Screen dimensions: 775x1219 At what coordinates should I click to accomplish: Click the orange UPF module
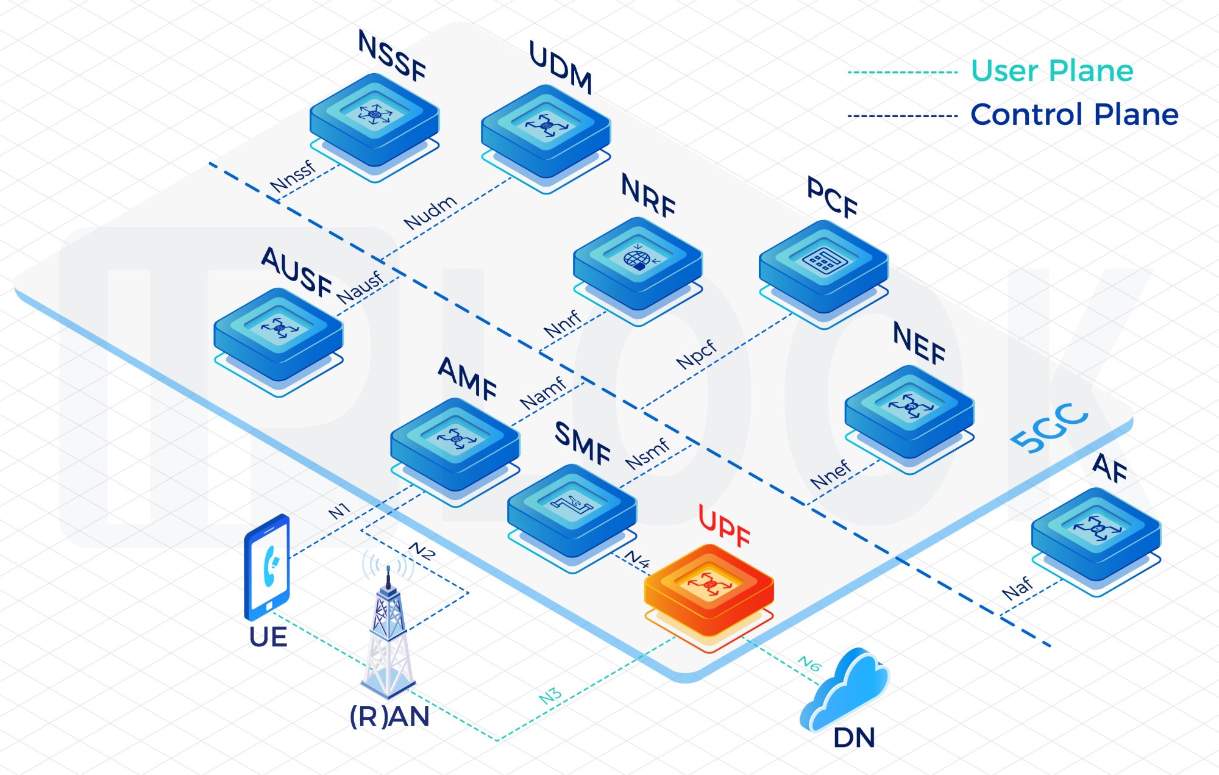[x=709, y=588]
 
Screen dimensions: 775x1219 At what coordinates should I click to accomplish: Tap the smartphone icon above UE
[x=267, y=567]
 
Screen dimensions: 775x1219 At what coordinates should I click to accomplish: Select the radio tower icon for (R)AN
[x=389, y=634]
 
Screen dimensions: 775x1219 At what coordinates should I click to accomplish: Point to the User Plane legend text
[x=1052, y=71]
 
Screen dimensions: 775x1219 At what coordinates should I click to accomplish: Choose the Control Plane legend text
[x=1074, y=115]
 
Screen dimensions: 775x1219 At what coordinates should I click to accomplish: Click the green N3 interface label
[x=550, y=696]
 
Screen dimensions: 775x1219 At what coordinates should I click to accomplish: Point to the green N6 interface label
[x=810, y=663]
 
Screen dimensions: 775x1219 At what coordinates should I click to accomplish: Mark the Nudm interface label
[x=430, y=212]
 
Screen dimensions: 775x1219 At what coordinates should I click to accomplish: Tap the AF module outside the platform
[x=1096, y=533]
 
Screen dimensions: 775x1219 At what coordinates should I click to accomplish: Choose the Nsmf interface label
[x=647, y=454]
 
